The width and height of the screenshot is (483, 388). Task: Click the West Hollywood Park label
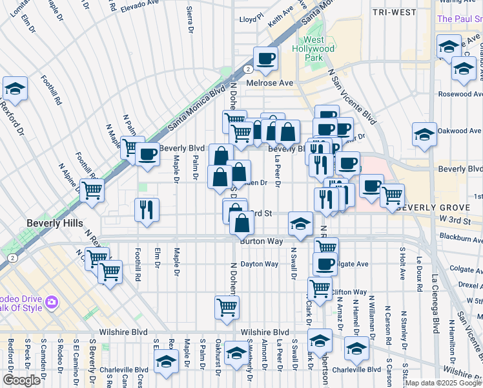[x=319, y=48]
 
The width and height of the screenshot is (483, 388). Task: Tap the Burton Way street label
[x=262, y=241]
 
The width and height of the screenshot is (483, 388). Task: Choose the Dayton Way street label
[x=259, y=264]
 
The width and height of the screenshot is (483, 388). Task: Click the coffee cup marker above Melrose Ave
[x=265, y=58]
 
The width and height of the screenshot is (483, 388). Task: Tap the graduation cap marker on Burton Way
[x=300, y=223]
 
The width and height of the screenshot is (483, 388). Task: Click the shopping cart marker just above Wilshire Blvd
[x=227, y=307]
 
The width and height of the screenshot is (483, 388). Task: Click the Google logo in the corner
[x=21, y=380]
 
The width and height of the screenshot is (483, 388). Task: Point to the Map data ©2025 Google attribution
[x=443, y=383]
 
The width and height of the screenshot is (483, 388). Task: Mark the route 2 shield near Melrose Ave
[x=248, y=69]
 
